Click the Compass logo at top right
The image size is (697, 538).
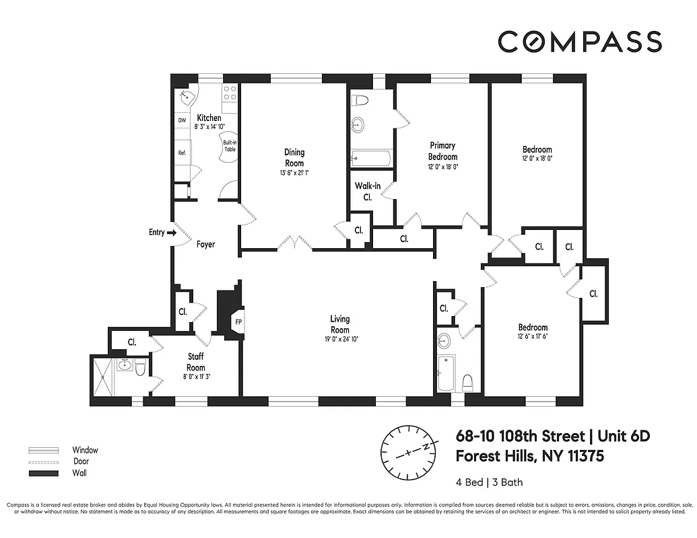579,41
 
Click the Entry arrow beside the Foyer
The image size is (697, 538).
171,233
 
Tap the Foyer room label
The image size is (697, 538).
205,245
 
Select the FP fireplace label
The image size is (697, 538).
238,321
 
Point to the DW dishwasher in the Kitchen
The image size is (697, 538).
182,120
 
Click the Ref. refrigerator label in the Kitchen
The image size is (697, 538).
182,153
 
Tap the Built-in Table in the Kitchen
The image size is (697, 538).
230,145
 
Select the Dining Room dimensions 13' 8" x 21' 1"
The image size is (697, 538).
294,173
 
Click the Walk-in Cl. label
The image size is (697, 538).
368,192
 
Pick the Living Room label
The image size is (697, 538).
339,324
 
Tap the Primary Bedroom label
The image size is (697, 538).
442,151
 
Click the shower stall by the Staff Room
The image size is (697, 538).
104,380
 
